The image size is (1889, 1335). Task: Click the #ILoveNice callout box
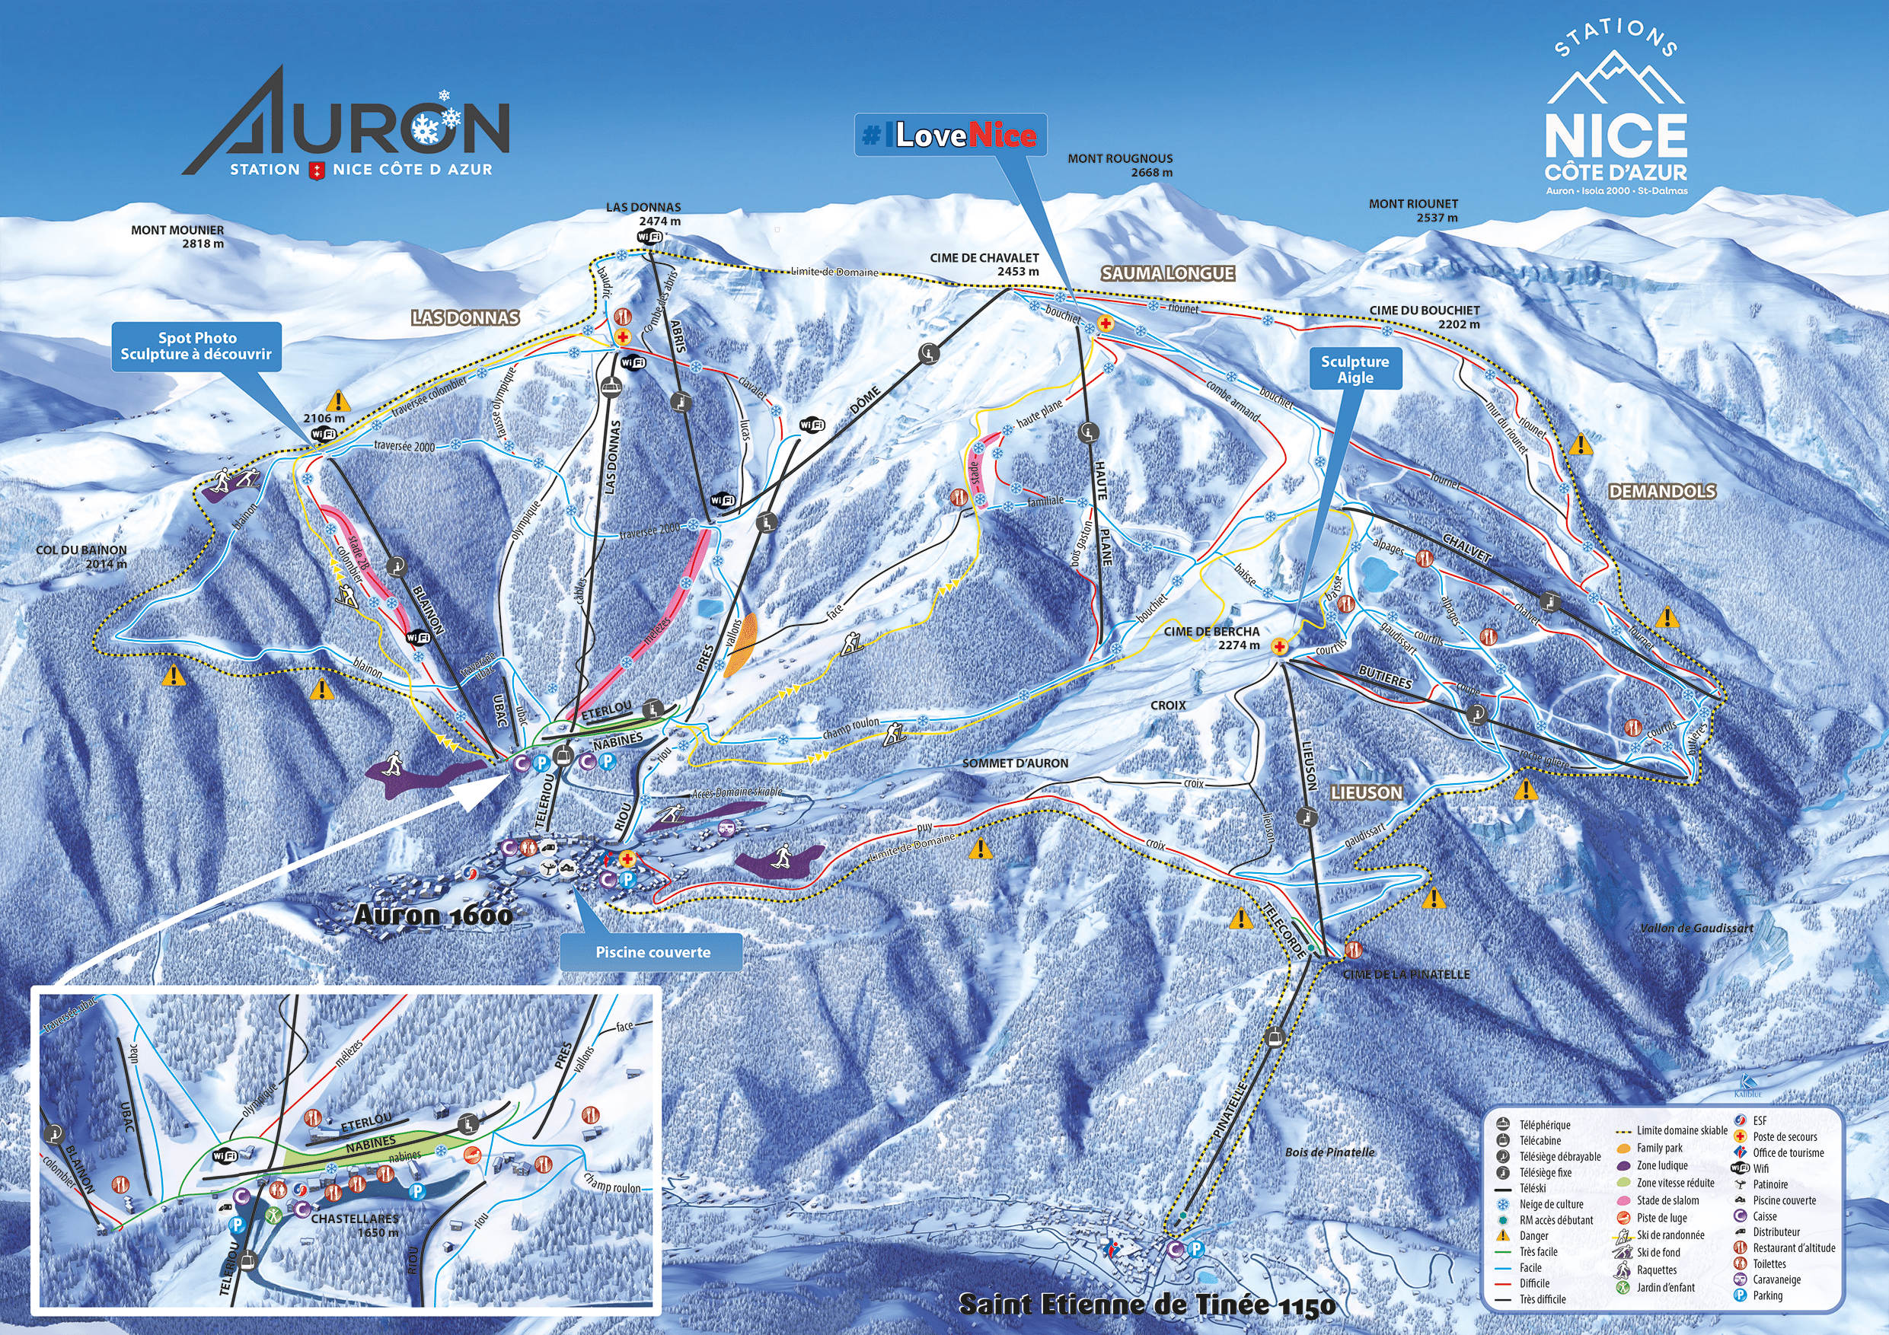tap(950, 135)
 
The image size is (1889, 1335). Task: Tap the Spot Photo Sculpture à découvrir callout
tap(196, 346)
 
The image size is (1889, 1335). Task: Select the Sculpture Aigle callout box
tap(1355, 369)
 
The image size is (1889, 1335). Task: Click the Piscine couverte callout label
tap(652, 951)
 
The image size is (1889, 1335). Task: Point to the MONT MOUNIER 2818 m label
tap(177, 236)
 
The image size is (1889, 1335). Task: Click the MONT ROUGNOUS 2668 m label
tap(1120, 164)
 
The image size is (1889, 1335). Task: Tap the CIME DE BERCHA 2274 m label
tap(1211, 638)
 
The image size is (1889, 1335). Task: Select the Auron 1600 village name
tap(432, 915)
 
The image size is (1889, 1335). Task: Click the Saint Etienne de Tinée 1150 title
tap(1146, 1305)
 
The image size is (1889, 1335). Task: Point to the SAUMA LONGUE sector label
tap(1167, 273)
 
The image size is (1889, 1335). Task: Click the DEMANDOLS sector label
tap(1662, 491)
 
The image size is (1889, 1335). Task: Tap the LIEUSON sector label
tap(1367, 792)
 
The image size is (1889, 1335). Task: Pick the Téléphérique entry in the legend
tap(1544, 1124)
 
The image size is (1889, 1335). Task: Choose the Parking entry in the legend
tap(1767, 1295)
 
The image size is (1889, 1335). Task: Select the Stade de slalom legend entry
tap(1667, 1200)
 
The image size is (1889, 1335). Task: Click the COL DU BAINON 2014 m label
tap(81, 556)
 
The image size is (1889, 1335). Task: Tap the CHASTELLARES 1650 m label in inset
tap(355, 1225)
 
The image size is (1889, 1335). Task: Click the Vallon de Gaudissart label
tap(1696, 928)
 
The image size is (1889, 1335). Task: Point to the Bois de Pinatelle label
tap(1329, 1152)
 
